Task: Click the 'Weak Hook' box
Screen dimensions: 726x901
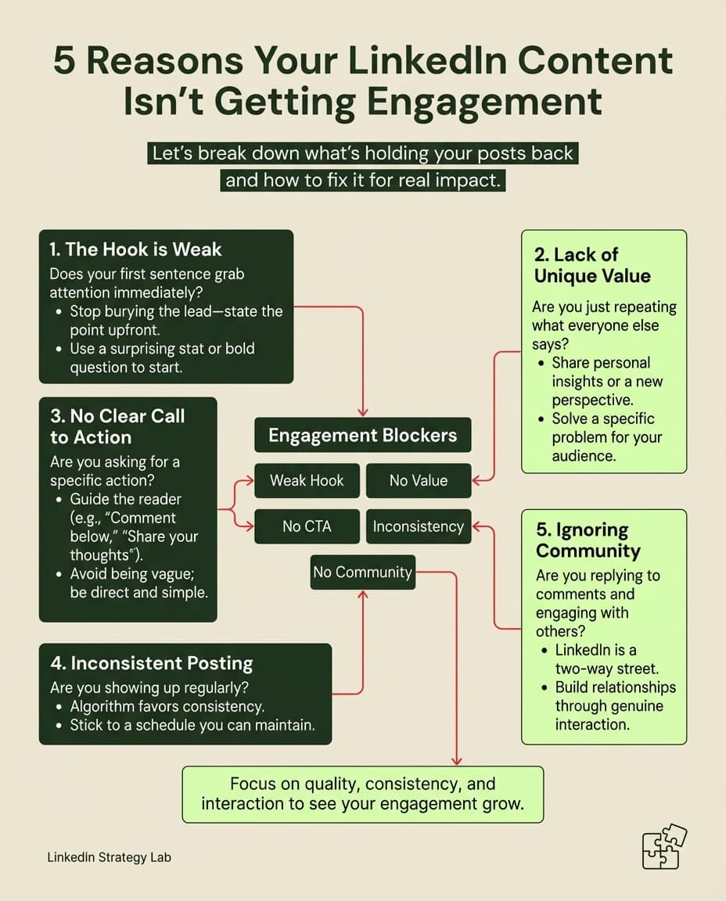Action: [x=307, y=480]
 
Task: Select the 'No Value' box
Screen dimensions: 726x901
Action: [x=419, y=480]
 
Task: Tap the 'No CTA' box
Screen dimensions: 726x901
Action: [x=307, y=526]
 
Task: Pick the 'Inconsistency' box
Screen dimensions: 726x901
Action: [x=419, y=526]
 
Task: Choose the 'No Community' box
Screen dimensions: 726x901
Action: [x=363, y=572]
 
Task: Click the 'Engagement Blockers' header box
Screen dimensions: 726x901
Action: [x=363, y=435]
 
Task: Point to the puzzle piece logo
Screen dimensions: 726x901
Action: [x=664, y=846]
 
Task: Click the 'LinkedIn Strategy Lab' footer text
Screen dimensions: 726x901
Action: [x=110, y=857]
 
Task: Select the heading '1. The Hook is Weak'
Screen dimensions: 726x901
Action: [x=135, y=249]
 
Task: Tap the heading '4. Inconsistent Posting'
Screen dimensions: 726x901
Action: [x=151, y=663]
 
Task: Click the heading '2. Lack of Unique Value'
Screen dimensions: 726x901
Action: [x=592, y=265]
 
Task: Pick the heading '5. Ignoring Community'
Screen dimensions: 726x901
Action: [x=588, y=540]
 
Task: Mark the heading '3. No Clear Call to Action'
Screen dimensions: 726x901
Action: [x=117, y=426]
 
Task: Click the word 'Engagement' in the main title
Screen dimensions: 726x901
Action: [x=484, y=102]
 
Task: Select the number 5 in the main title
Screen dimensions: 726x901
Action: [x=64, y=61]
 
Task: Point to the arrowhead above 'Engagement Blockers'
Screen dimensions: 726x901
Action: [x=363, y=412]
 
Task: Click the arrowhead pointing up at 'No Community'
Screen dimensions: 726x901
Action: [x=363, y=594]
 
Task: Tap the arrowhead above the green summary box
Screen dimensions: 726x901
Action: [x=456, y=761]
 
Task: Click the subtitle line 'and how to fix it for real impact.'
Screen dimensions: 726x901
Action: [x=363, y=181]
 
